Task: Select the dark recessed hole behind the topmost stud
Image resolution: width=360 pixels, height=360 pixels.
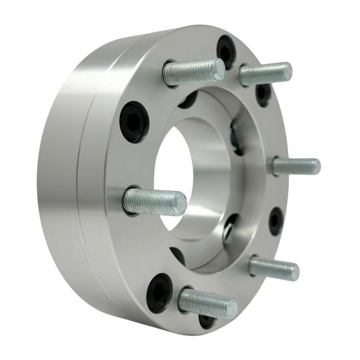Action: coord(189,100)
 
